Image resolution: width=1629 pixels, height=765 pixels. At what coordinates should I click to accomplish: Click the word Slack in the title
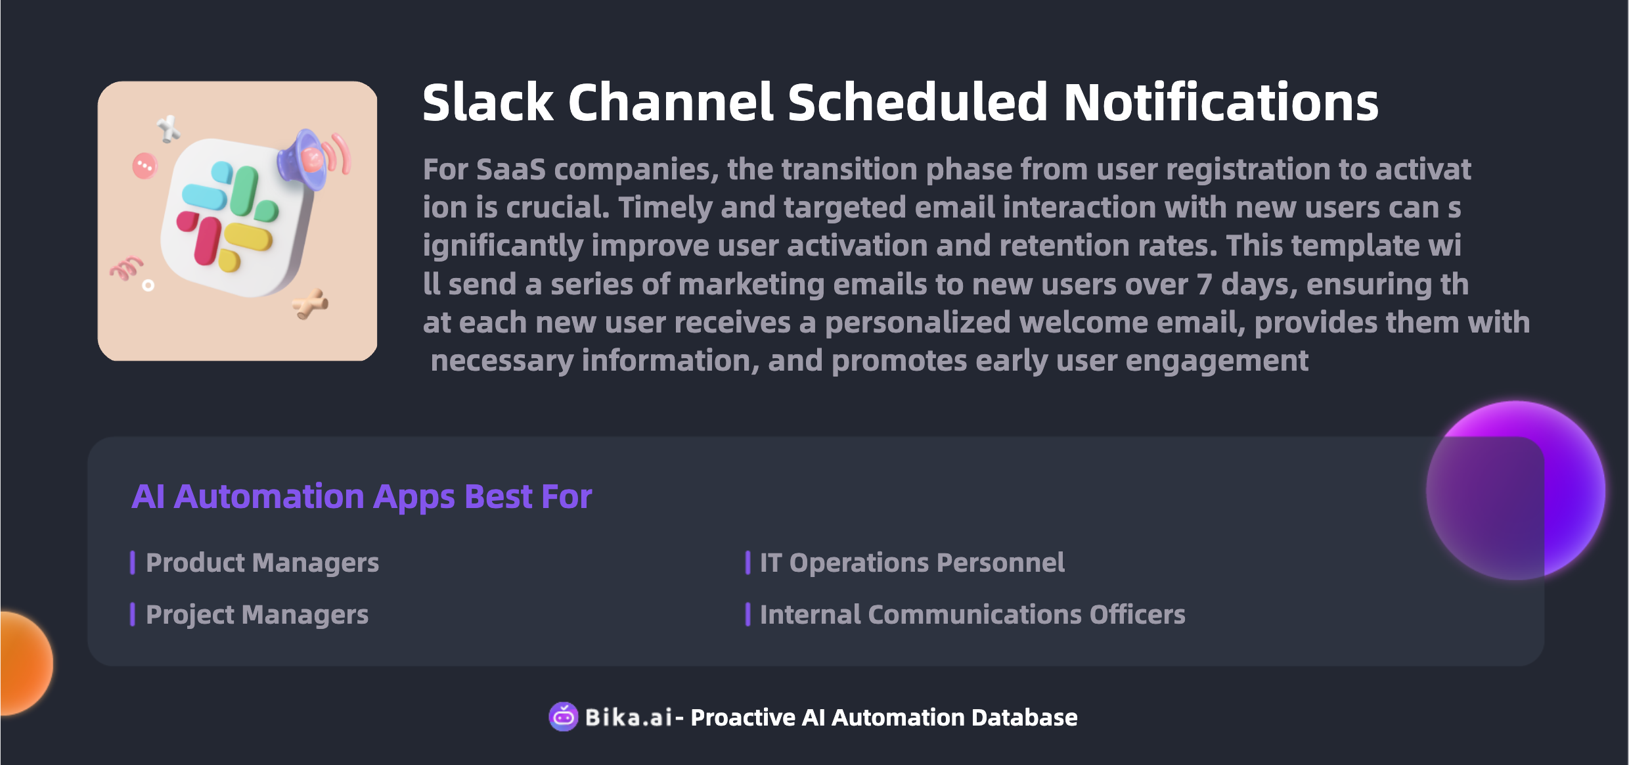point(488,103)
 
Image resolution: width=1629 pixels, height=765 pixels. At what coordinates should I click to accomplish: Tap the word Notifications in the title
point(1220,103)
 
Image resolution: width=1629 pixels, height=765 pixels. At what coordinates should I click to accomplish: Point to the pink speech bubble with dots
point(145,166)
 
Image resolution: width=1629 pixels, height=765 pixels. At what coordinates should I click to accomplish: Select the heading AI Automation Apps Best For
point(362,496)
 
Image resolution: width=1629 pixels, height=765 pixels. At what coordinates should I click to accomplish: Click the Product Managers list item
point(262,563)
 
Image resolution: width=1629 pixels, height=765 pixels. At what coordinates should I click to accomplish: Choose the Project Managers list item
point(257,614)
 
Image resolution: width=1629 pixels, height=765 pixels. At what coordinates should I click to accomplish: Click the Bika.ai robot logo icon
point(564,717)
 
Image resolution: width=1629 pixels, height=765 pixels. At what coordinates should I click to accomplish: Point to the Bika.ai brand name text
point(629,718)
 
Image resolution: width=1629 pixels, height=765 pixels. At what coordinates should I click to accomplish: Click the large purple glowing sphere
point(1516,490)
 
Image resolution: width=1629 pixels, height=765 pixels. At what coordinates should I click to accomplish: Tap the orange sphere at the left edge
point(26,662)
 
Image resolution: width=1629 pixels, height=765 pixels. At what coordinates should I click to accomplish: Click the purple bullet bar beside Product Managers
point(133,563)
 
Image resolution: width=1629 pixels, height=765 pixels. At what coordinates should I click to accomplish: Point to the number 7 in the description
point(1204,285)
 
